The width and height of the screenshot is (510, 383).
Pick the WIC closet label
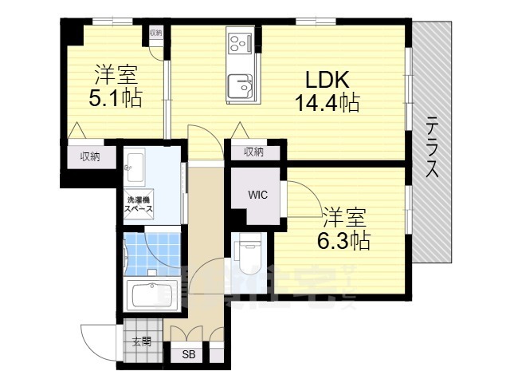257,194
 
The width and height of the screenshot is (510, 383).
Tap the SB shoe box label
189,355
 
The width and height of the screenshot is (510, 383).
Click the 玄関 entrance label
142,342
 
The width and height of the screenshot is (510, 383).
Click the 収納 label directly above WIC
253,152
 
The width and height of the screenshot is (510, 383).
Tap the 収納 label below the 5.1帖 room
89,156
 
